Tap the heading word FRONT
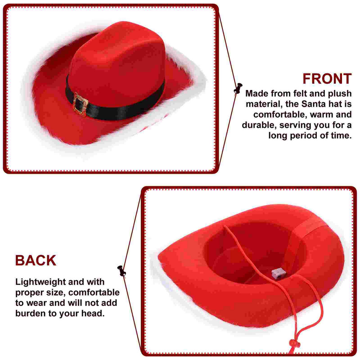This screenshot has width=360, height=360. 327,79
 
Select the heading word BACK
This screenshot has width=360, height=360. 36,261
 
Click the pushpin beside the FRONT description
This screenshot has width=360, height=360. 238,88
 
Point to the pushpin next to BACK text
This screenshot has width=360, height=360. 121,271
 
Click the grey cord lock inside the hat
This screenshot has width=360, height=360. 279,274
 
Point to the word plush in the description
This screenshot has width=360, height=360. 340,94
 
